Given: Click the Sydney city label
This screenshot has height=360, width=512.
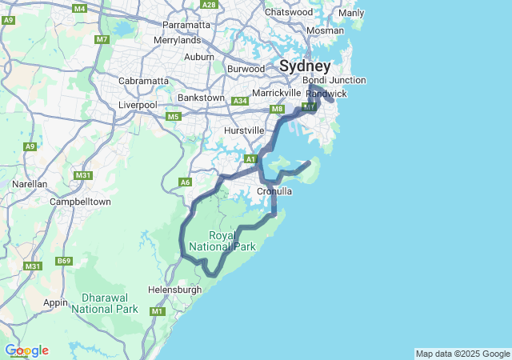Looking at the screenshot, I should pyautogui.click(x=305, y=66).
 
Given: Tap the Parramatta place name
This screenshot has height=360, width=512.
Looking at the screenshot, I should pyautogui.click(x=186, y=25).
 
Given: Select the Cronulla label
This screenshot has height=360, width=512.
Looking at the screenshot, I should pyautogui.click(x=274, y=191).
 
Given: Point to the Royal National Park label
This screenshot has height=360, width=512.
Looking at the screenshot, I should pyautogui.click(x=233, y=241).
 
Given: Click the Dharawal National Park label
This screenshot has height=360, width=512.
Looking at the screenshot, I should pyautogui.click(x=104, y=303).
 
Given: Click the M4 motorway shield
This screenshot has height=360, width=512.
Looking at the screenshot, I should pyautogui.click(x=79, y=8).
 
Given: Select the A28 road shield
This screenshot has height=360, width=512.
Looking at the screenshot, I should pyautogui.click(x=210, y=5).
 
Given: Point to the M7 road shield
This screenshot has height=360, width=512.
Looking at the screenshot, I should pyautogui.click(x=102, y=39).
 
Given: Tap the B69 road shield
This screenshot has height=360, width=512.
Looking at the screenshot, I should pyautogui.click(x=64, y=261).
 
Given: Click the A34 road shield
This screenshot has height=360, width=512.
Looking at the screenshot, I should pyautogui.click(x=239, y=101).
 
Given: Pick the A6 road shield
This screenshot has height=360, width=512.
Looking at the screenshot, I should pyautogui.click(x=186, y=182).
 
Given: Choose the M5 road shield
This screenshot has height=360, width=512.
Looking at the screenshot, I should pyautogui.click(x=174, y=117).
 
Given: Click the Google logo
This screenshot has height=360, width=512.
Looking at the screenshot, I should pyautogui.click(x=26, y=350).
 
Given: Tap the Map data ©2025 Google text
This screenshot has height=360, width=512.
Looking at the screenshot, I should pyautogui.click(x=462, y=354).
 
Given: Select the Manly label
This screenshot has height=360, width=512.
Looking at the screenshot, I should pyautogui.click(x=350, y=14).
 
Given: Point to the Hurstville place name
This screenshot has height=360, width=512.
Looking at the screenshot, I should pyautogui.click(x=244, y=130).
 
